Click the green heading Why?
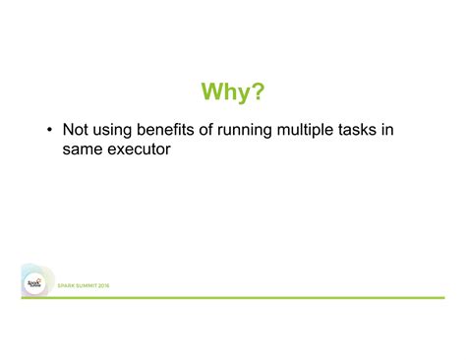(233, 92)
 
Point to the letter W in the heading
(212, 92)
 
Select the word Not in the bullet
(77, 130)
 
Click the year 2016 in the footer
(106, 285)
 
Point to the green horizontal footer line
(275, 296)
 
